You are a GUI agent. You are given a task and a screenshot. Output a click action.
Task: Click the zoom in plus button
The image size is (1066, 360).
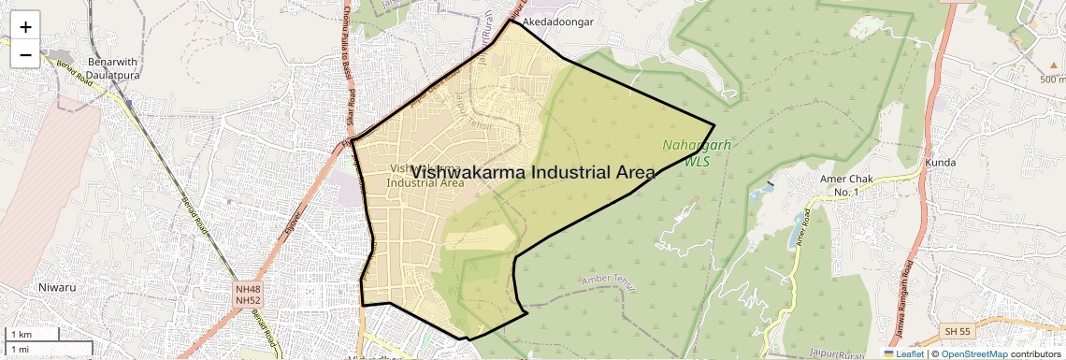[25, 27]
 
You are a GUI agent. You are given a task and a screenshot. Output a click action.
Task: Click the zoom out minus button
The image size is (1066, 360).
[25, 55]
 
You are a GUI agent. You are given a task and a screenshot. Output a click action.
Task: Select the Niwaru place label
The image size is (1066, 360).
[56, 288]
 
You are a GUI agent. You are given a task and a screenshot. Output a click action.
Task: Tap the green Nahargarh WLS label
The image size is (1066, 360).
[697, 152]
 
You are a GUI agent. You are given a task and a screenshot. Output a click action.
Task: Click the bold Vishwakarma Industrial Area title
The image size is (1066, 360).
[533, 172]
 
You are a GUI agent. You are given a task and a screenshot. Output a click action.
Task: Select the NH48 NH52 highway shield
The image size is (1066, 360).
[247, 295]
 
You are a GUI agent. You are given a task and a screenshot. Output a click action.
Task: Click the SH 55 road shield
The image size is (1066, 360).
[957, 331]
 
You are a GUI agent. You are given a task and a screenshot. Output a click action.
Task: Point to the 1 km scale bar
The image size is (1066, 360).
[33, 334]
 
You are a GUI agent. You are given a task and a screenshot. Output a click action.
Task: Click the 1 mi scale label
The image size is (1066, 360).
[21, 349]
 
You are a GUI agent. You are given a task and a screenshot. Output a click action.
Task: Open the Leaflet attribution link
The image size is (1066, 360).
[902, 353]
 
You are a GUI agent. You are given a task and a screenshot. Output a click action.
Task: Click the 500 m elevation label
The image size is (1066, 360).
[1052, 79]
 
